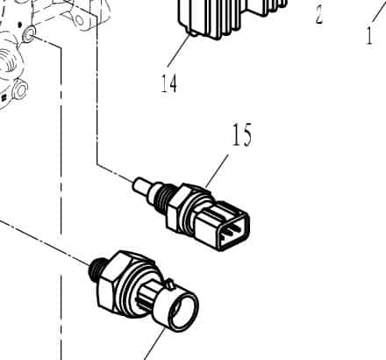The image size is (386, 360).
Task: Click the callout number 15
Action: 242,134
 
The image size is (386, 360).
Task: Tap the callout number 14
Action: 169,83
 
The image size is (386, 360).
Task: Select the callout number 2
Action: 319,15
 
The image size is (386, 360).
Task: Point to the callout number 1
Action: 369,35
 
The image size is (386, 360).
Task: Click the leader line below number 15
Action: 217,171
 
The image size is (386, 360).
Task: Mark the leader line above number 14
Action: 178,50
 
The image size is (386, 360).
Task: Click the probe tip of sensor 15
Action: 139,185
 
